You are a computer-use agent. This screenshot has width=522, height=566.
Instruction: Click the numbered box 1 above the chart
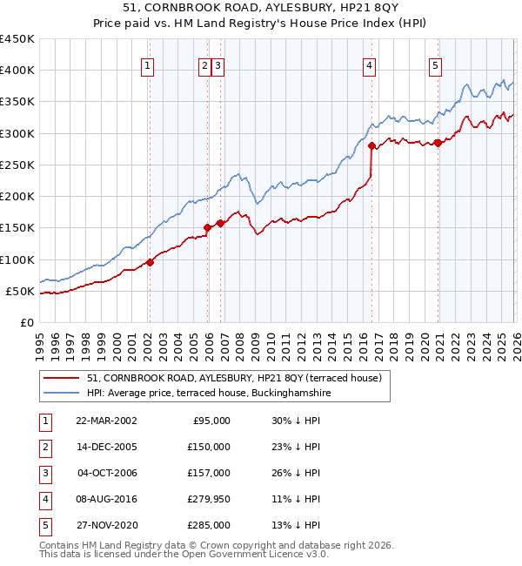(x=147, y=65)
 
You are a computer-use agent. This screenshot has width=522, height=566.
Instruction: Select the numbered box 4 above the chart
(x=370, y=65)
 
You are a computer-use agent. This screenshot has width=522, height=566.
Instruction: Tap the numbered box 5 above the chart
(x=435, y=65)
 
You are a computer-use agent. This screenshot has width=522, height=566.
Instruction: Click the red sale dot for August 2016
(x=371, y=145)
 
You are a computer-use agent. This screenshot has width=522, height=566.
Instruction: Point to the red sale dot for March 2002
(x=150, y=261)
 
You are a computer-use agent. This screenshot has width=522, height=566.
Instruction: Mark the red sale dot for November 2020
(x=438, y=144)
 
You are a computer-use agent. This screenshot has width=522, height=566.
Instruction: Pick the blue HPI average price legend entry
(x=208, y=394)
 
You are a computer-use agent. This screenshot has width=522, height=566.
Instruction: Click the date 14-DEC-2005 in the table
(x=107, y=447)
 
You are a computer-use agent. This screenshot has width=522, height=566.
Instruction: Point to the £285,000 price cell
(x=209, y=525)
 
